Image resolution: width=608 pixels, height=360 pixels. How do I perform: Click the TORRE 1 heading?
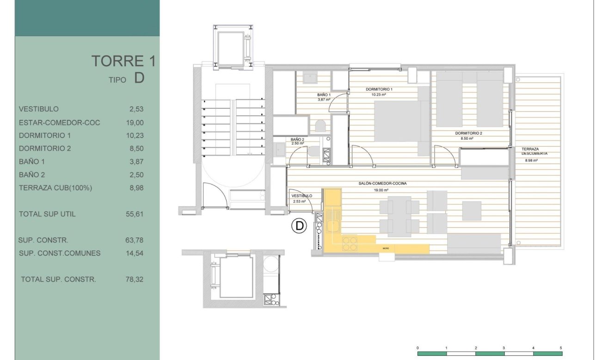point(123,61)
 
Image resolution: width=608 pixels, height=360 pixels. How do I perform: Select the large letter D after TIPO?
point(139,78)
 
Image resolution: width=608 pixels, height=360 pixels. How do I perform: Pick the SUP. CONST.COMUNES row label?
point(60,253)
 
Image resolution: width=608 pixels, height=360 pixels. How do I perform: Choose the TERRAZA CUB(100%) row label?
point(55,188)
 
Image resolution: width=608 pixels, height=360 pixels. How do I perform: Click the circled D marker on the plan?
point(299,226)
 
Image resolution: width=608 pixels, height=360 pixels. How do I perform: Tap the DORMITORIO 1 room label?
point(379,89)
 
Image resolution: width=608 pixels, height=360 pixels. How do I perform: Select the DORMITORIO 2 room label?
point(468,133)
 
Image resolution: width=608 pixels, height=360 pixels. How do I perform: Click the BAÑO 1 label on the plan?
point(324,94)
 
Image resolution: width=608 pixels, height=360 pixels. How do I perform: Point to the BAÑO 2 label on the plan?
point(297,139)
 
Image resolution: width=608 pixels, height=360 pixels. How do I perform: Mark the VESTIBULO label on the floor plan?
point(301,196)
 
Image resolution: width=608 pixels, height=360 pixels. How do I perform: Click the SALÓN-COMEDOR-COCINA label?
point(380,184)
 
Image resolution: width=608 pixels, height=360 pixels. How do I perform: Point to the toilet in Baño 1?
point(320,125)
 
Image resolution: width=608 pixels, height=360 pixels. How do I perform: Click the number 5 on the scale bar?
point(561,348)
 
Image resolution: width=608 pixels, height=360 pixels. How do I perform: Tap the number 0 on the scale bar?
point(418,348)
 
